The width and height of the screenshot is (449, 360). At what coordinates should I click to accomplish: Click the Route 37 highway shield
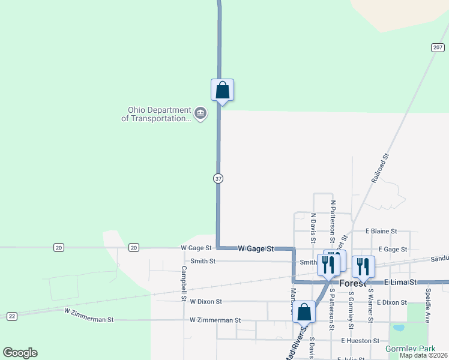tap(218, 178)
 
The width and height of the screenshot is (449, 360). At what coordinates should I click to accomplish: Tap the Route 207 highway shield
tap(437, 47)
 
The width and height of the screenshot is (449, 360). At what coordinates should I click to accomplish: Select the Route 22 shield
tap(11, 316)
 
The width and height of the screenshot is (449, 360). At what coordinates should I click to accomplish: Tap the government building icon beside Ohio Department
tap(200, 113)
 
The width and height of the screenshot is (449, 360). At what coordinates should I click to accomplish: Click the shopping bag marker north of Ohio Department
tap(222, 90)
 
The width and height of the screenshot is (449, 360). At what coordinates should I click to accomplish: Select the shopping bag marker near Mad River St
tap(304, 313)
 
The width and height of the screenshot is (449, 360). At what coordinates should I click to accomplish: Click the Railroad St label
tap(380, 167)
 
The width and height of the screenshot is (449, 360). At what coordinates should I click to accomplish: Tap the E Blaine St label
tap(381, 231)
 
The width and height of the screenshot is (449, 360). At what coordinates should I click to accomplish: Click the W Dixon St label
tap(205, 302)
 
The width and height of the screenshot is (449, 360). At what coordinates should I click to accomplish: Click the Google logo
tap(20, 353)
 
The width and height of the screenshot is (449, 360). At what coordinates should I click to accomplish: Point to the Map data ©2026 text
tap(423, 355)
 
